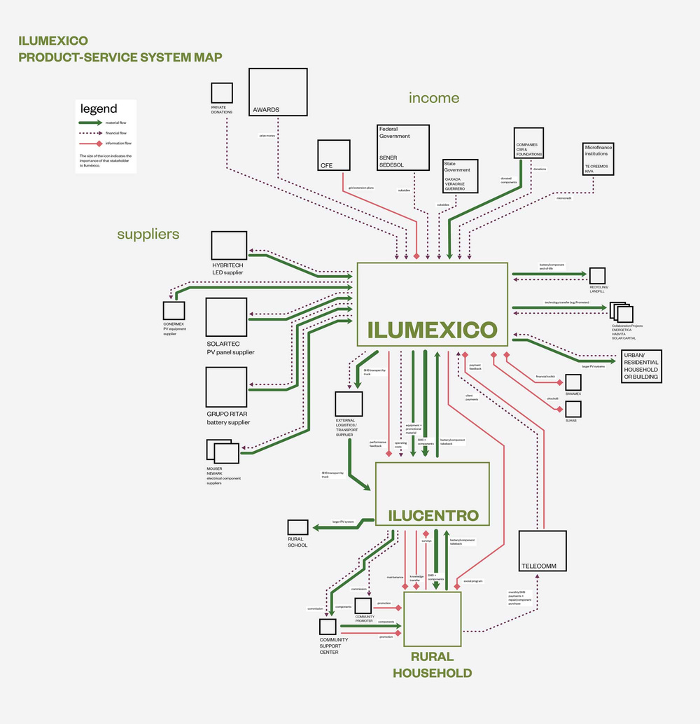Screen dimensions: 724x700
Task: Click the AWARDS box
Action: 279,92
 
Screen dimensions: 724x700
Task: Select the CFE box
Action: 333,155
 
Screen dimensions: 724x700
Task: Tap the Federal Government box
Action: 402,147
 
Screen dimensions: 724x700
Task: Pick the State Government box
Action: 460,176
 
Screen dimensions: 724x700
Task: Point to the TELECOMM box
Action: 542,552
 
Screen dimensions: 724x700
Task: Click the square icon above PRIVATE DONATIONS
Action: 222,93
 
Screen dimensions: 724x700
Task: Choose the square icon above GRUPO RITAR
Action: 226,387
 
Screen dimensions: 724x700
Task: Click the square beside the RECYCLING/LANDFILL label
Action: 597,276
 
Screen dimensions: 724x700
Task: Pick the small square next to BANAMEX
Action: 573,382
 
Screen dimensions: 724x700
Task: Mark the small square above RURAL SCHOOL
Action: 297,529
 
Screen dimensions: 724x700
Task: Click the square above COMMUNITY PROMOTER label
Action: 363,606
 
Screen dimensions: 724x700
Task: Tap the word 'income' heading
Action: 434,98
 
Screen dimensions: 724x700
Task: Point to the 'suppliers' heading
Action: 148,234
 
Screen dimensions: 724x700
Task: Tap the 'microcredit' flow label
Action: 563,198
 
